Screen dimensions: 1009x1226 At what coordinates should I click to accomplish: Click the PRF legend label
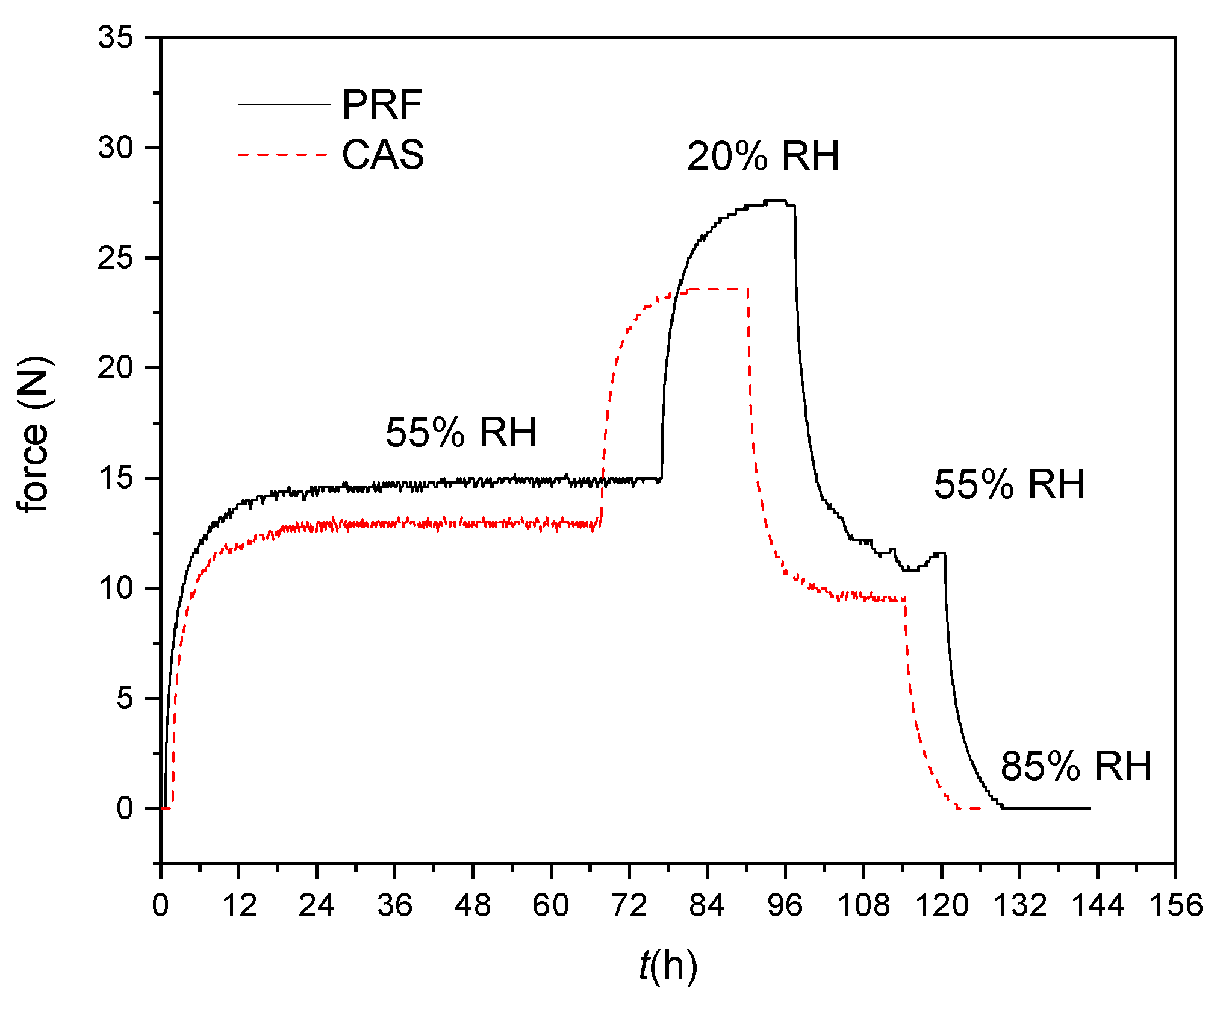coord(382,105)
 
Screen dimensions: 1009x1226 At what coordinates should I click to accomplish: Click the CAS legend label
coord(383,155)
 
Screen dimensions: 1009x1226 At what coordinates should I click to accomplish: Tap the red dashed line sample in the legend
coord(283,155)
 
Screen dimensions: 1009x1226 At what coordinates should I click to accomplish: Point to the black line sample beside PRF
coord(284,104)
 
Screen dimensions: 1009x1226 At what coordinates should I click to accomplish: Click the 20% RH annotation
coord(762,157)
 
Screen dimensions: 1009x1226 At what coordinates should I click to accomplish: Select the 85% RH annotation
coord(1075,766)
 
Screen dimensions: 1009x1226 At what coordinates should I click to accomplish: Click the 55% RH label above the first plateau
coord(461,433)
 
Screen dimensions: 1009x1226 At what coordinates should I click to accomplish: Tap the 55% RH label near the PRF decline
coord(1009,484)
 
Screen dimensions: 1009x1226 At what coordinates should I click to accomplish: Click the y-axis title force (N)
coord(34,435)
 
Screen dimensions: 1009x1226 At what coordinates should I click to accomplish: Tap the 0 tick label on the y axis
coord(125,808)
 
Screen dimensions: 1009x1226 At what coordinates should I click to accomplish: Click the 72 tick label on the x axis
coord(629,905)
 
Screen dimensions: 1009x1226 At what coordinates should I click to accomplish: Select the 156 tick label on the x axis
coord(1175,905)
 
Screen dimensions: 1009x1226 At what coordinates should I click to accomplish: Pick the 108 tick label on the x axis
coord(863,905)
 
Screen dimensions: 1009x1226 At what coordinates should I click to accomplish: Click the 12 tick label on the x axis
coord(239,905)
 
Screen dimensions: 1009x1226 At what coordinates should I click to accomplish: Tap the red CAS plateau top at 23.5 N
coord(717,289)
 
